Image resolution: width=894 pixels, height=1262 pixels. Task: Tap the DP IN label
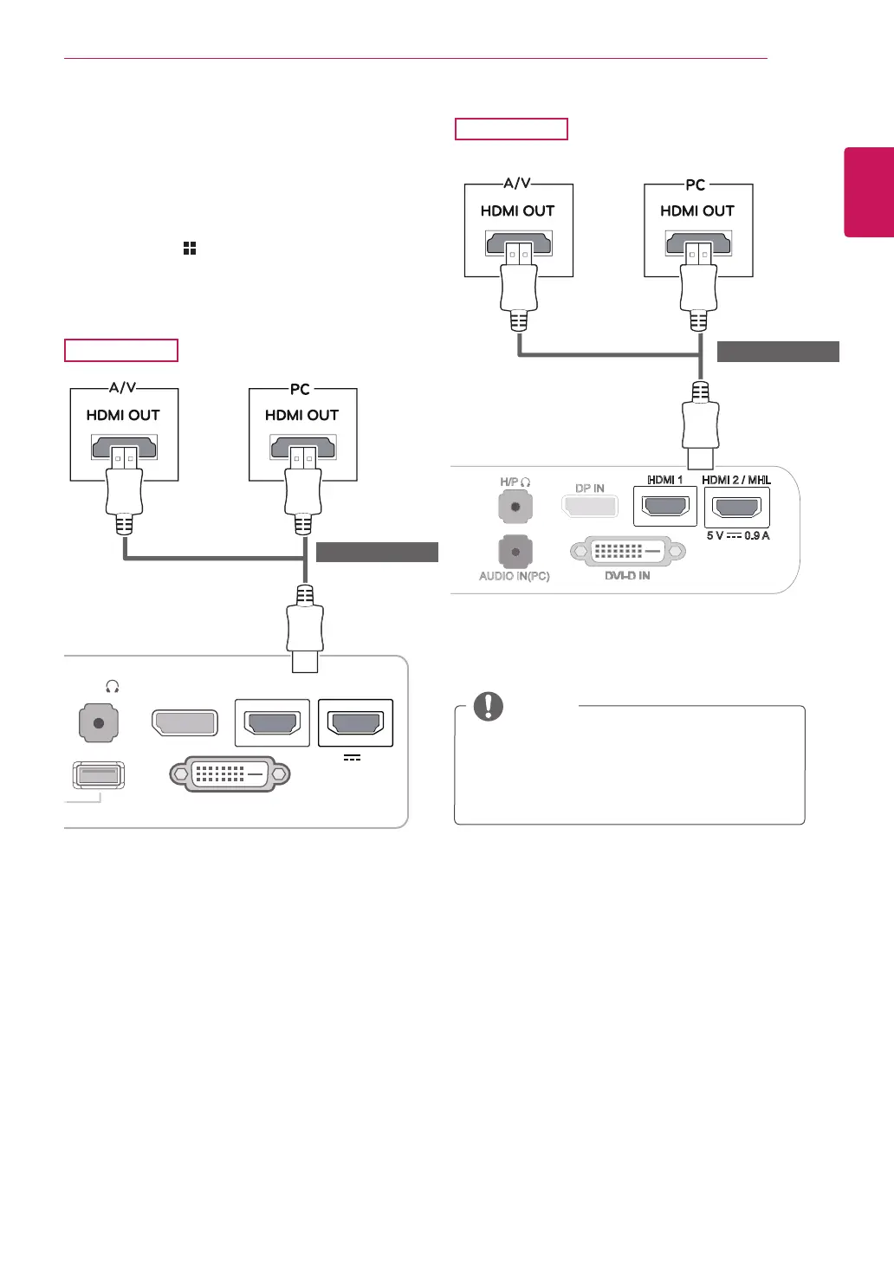[589, 488]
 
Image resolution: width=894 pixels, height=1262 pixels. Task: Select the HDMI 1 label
[664, 480]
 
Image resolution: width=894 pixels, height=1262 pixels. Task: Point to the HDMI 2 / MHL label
[736, 480]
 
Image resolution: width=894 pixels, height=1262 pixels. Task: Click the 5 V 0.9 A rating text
[738, 535]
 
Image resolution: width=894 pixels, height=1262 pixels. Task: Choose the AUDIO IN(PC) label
[515, 576]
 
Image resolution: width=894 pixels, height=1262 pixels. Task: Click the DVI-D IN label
[627, 575]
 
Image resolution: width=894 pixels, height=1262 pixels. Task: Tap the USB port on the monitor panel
[99, 775]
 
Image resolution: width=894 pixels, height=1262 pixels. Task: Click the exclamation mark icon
[489, 706]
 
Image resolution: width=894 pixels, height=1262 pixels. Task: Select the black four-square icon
[190, 248]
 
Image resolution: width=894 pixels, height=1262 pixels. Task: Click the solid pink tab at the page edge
[869, 192]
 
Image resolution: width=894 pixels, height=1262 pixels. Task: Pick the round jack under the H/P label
[515, 507]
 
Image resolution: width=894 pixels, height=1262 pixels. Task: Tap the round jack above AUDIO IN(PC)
[515, 552]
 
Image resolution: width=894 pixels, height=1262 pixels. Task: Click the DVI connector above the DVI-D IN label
[627, 551]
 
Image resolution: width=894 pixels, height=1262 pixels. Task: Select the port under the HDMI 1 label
[665, 507]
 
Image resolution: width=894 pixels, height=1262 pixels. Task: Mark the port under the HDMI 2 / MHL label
[737, 507]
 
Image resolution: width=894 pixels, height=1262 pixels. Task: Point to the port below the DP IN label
[590, 506]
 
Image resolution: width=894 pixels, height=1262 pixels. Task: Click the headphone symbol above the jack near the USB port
[112, 686]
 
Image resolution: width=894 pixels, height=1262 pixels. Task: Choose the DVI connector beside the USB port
[230, 774]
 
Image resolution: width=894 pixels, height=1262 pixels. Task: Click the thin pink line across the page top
[416, 58]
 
